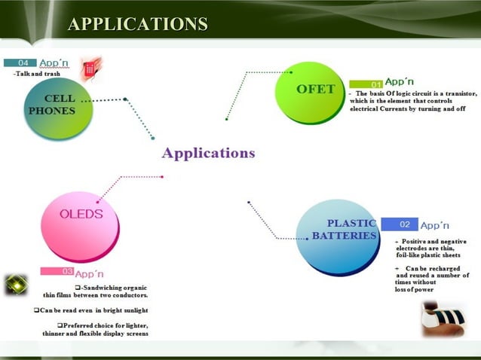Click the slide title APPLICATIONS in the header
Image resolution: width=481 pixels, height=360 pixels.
[x=137, y=24]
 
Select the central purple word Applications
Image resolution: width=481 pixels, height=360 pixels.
[x=209, y=153]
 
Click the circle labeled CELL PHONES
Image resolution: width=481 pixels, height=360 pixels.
[x=60, y=106]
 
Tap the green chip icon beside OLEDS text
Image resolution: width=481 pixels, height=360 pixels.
[x=16, y=285]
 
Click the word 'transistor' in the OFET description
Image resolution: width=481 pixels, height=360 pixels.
[x=458, y=93]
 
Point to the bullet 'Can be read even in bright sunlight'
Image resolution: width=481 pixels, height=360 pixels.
[x=91, y=310]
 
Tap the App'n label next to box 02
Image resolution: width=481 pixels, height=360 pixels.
[x=435, y=224]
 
